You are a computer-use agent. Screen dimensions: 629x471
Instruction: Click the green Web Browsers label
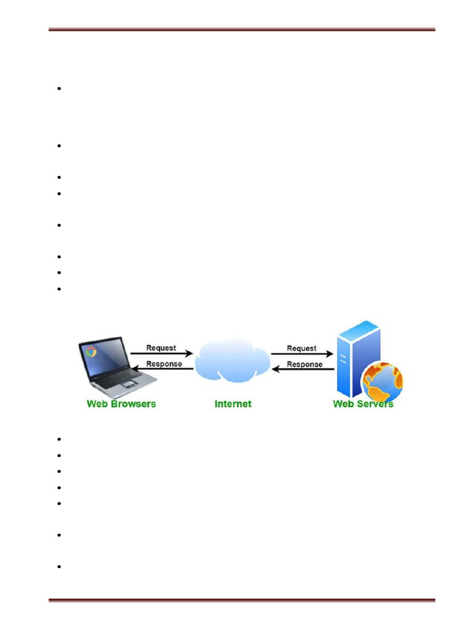click(x=121, y=404)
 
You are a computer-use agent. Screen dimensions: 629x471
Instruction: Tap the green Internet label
click(x=233, y=404)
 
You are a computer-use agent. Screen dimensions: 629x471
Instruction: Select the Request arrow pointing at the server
click(x=302, y=354)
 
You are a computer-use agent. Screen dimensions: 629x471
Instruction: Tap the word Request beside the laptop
click(x=161, y=348)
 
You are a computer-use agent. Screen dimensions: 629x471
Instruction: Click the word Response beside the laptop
click(x=164, y=364)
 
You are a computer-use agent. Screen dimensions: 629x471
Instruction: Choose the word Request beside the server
click(x=302, y=348)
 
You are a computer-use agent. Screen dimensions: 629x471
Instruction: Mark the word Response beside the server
click(x=305, y=364)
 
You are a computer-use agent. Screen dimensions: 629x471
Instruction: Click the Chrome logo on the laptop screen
click(x=92, y=351)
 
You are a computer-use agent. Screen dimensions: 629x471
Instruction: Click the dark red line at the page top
click(x=242, y=29)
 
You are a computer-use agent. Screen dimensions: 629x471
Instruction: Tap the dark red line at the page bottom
click(x=242, y=600)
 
